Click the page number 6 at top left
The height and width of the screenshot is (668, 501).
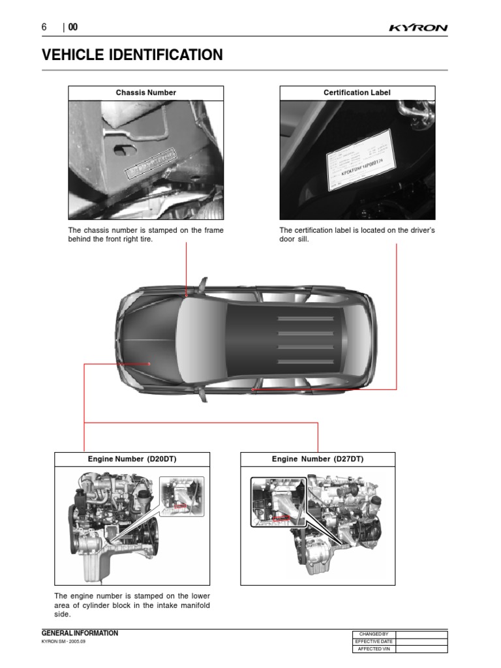(44, 27)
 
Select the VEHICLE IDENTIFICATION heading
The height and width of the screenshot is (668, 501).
(132, 55)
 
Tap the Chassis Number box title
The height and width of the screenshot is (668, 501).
(146, 93)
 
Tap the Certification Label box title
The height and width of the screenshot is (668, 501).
(357, 93)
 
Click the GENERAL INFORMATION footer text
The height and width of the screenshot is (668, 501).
(80, 633)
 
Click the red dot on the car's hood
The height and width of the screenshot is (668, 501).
(149, 363)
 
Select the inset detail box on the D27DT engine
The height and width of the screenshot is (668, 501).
(278, 501)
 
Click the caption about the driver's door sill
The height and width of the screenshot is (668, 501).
(357, 235)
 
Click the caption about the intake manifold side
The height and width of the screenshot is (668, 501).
(132, 605)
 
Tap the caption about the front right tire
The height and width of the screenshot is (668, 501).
(146, 235)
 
